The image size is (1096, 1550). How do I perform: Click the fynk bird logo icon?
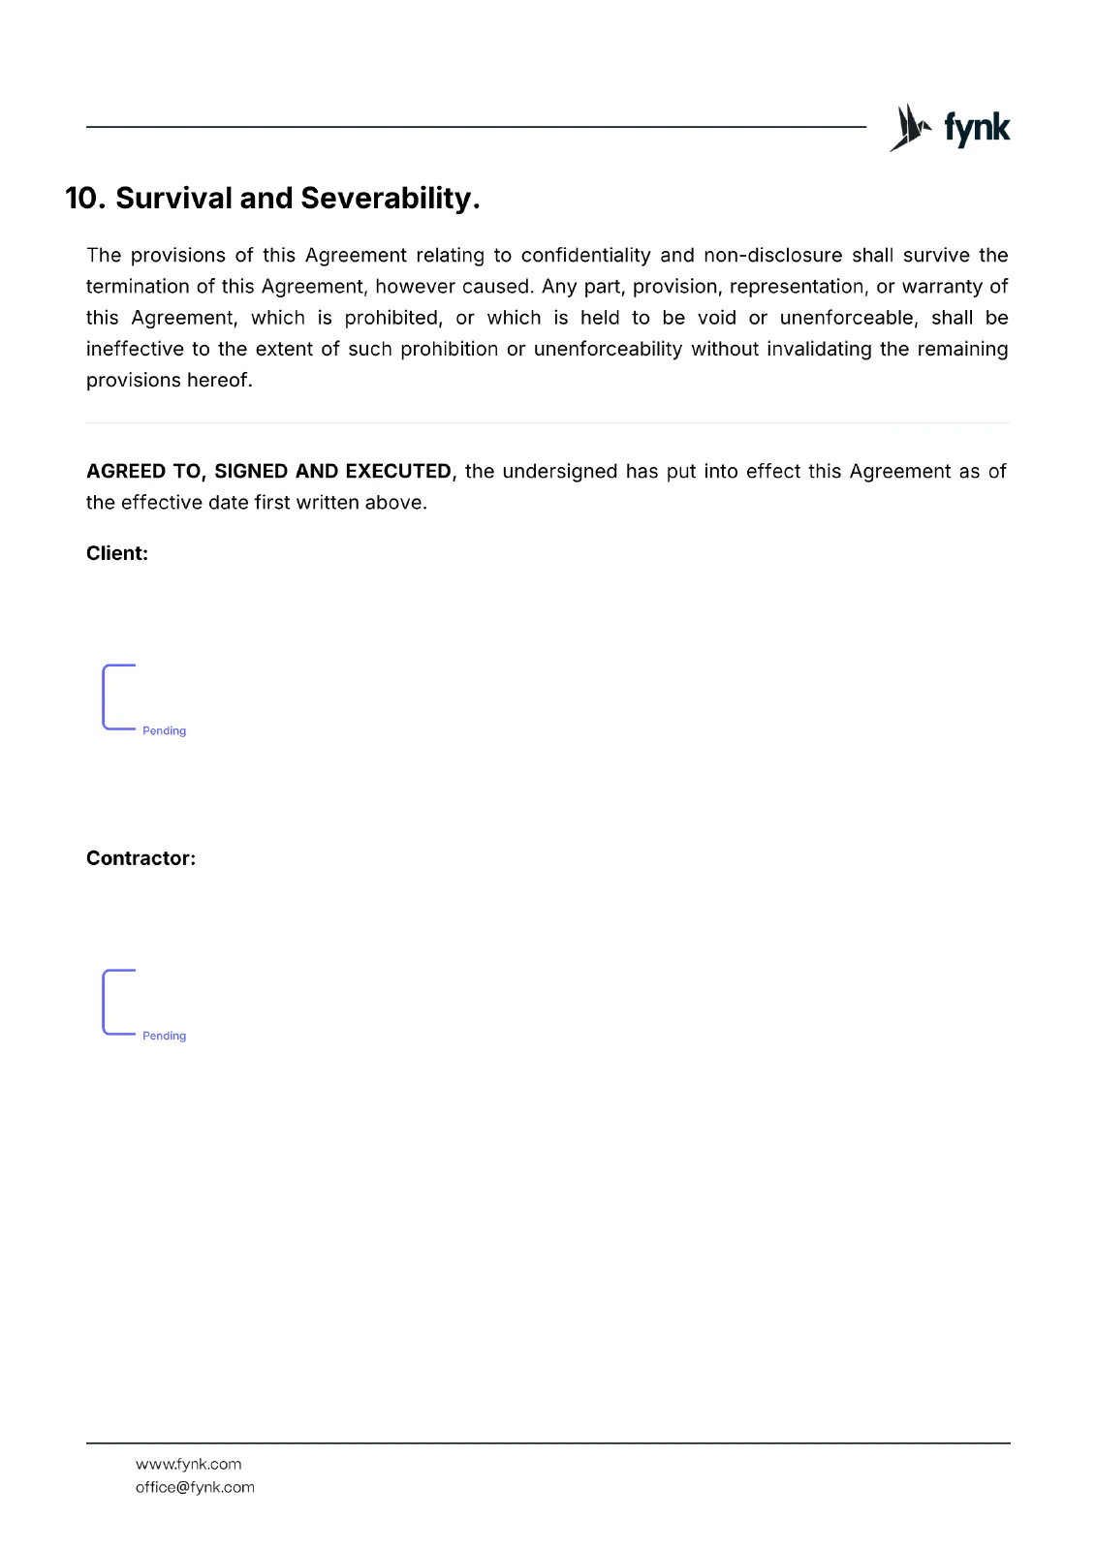coord(909,128)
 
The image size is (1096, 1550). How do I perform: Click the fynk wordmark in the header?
coord(977,128)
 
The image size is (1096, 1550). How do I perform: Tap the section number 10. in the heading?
coord(85,199)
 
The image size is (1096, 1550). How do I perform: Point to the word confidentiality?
coord(585,256)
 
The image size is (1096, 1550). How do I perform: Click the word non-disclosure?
coord(772,256)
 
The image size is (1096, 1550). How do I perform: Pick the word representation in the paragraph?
coord(797,287)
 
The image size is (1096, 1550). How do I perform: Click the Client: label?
coord(117,554)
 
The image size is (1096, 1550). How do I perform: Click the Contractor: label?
coord(141,858)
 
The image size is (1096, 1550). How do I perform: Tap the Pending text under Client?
coord(164,731)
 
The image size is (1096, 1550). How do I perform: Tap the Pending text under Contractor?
coord(164,1037)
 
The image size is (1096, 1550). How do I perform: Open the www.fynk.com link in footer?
coord(188,1465)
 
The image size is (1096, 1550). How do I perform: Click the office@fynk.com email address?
coord(195,1488)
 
